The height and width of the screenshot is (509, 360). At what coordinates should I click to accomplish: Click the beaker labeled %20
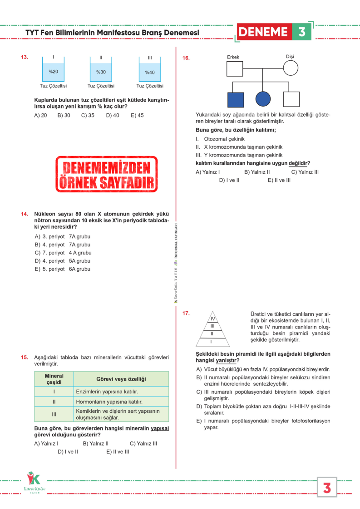pyautogui.click(x=53, y=71)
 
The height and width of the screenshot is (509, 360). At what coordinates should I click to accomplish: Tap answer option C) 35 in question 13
pyautogui.click(x=88, y=115)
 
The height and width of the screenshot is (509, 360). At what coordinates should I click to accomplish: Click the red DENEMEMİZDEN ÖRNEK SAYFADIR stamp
pyautogui.click(x=107, y=174)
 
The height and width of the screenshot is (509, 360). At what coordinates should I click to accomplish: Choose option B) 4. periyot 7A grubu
pyautogui.click(x=63, y=245)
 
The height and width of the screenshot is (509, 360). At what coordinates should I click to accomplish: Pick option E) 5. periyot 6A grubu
pyautogui.click(x=63, y=269)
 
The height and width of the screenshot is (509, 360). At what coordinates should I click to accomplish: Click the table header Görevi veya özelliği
pyautogui.click(x=121, y=379)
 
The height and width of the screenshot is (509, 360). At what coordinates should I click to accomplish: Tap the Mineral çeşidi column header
pyautogui.click(x=54, y=379)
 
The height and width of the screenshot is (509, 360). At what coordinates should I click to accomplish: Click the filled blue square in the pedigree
pyautogui.click(x=236, y=99)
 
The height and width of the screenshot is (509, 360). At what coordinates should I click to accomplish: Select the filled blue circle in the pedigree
pyautogui.click(x=263, y=99)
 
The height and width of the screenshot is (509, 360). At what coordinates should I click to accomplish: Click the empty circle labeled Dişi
pyautogui.click(x=291, y=68)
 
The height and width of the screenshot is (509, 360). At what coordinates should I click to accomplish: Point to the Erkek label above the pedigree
pyautogui.click(x=233, y=57)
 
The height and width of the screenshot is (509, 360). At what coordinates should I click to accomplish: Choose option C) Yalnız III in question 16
pyautogui.click(x=305, y=172)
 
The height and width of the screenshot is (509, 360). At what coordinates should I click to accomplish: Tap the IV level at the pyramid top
pyautogui.click(x=212, y=318)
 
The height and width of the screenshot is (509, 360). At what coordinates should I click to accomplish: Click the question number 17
pyautogui.click(x=186, y=313)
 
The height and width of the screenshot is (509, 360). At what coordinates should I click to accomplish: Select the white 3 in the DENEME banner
pyautogui.click(x=302, y=32)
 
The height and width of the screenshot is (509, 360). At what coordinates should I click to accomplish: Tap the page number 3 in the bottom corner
pyautogui.click(x=326, y=488)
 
